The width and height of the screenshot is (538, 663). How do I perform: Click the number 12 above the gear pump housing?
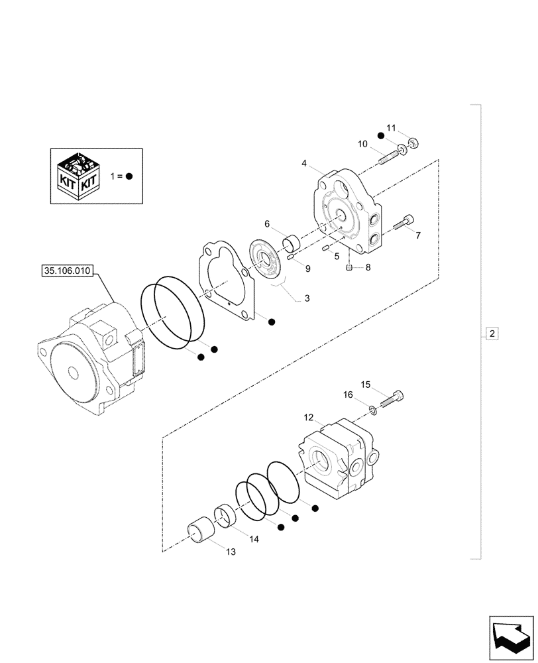[309, 418]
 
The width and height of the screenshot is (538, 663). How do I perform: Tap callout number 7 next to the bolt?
[417, 235]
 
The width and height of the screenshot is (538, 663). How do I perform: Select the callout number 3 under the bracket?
[307, 299]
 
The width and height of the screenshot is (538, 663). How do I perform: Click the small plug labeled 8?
[350, 267]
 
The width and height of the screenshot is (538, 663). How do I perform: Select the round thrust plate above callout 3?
[268, 260]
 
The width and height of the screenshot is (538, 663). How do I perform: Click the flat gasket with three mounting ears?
[225, 278]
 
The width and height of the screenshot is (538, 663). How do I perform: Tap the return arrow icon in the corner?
[511, 636]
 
